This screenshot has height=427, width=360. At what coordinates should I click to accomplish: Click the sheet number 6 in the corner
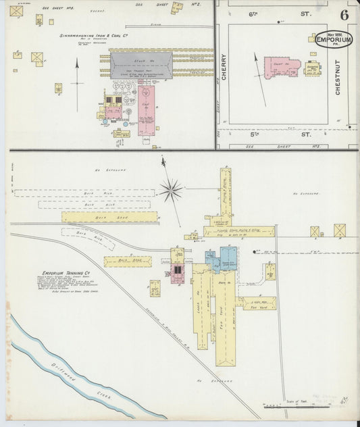coord(344,15)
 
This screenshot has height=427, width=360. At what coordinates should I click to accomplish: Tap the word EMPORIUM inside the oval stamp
coord(333,41)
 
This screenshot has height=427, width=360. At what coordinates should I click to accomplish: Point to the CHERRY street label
coord(223,68)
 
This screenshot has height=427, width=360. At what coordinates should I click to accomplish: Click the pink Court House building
coord(280,68)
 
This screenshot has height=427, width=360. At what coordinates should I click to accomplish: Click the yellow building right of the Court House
coord(313,68)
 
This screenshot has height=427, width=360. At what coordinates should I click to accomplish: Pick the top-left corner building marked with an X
coord(16,11)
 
